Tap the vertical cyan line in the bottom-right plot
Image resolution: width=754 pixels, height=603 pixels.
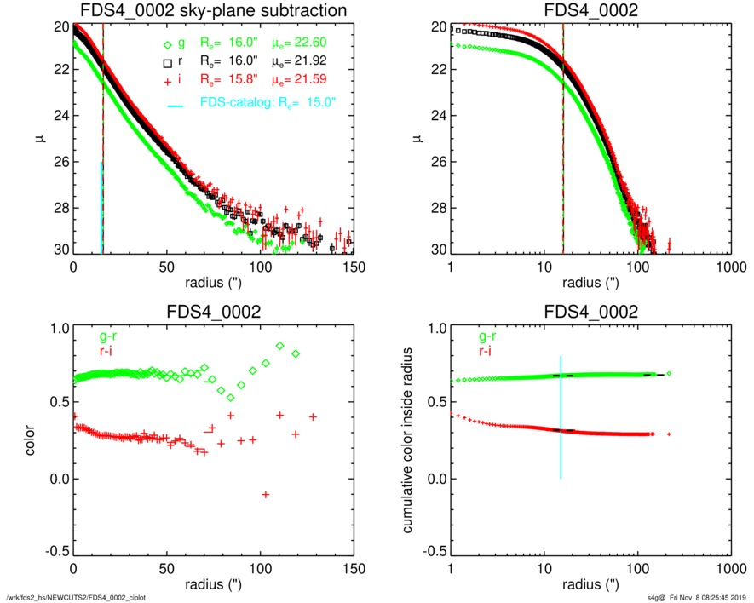[561, 417]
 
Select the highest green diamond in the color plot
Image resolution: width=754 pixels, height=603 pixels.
[280, 346]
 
